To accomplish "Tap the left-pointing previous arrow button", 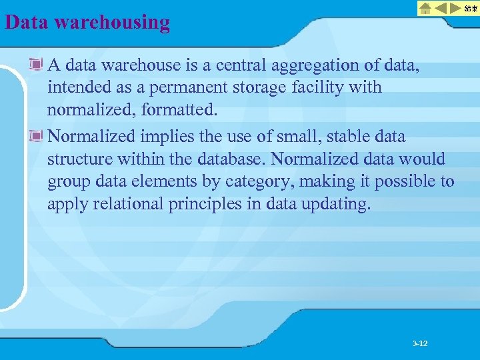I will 441,8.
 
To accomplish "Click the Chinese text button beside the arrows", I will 471,8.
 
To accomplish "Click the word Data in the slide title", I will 27,22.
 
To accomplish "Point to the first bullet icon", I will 37,65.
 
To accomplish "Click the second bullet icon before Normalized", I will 37,137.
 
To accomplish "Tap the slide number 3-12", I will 420,343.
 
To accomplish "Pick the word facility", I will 323,87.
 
